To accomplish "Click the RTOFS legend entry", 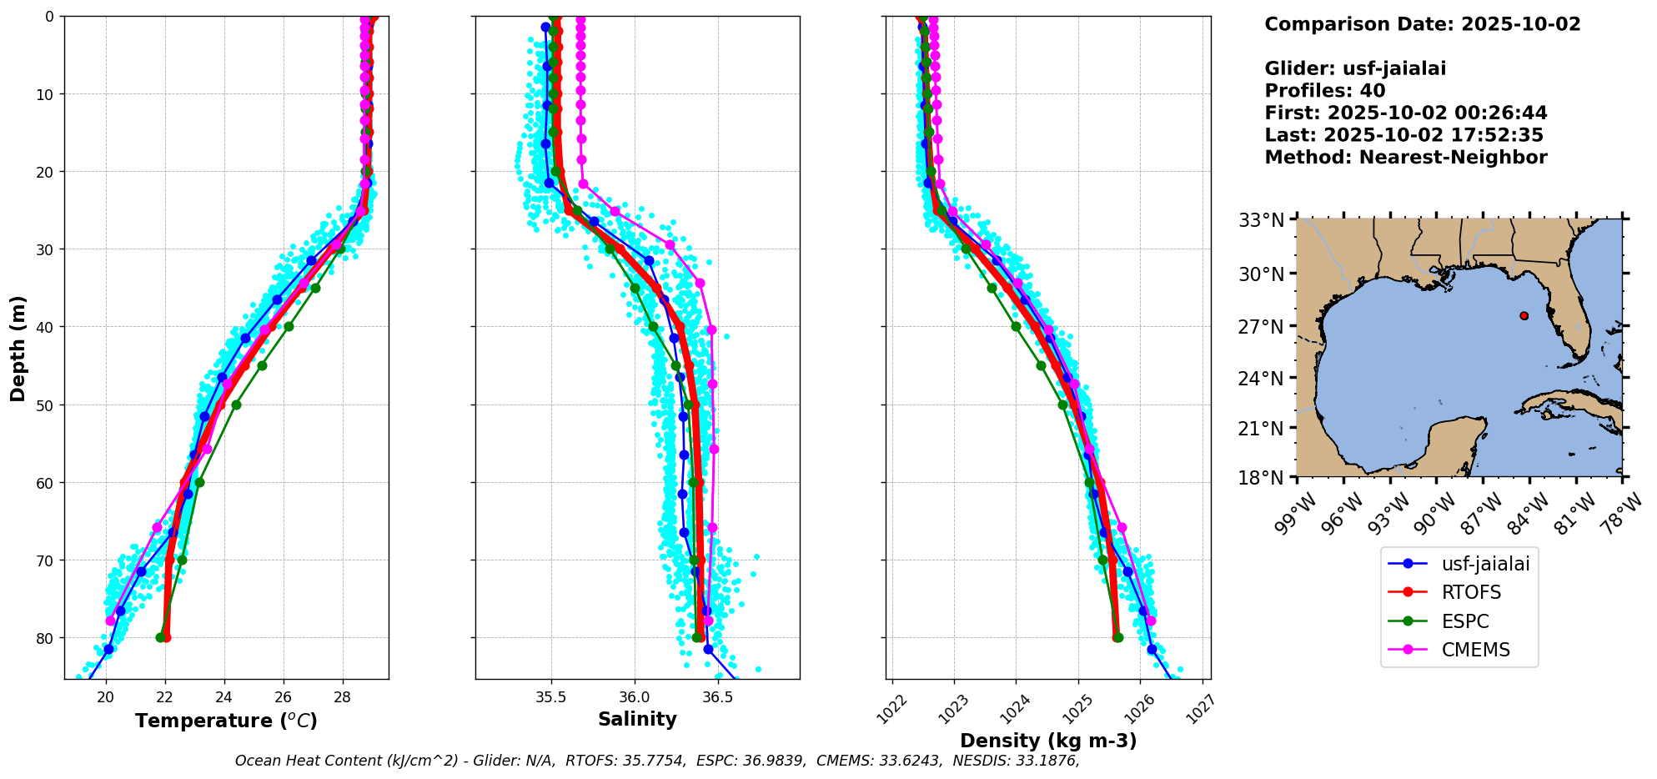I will [1471, 593].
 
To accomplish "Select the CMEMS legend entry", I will [1475, 651].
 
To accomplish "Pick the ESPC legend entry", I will [1465, 621].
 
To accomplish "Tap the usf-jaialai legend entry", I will [1485, 564].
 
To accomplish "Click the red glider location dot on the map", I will [1524, 315].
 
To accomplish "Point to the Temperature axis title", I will [226, 721].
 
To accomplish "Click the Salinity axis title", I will [637, 719].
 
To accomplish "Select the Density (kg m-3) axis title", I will [1048, 741].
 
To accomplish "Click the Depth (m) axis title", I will [18, 349].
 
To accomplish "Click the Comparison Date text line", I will [1422, 24].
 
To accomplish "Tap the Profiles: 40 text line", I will [1324, 91].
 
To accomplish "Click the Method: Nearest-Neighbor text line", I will [1405, 158].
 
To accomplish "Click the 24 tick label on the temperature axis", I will [223, 697].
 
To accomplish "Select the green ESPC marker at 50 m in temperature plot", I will [236, 405].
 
